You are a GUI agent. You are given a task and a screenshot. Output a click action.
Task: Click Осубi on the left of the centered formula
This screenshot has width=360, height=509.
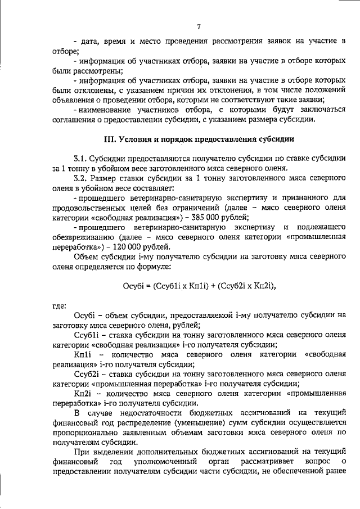134,286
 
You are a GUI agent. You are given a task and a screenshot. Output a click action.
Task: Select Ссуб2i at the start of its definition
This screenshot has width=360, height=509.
87,375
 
